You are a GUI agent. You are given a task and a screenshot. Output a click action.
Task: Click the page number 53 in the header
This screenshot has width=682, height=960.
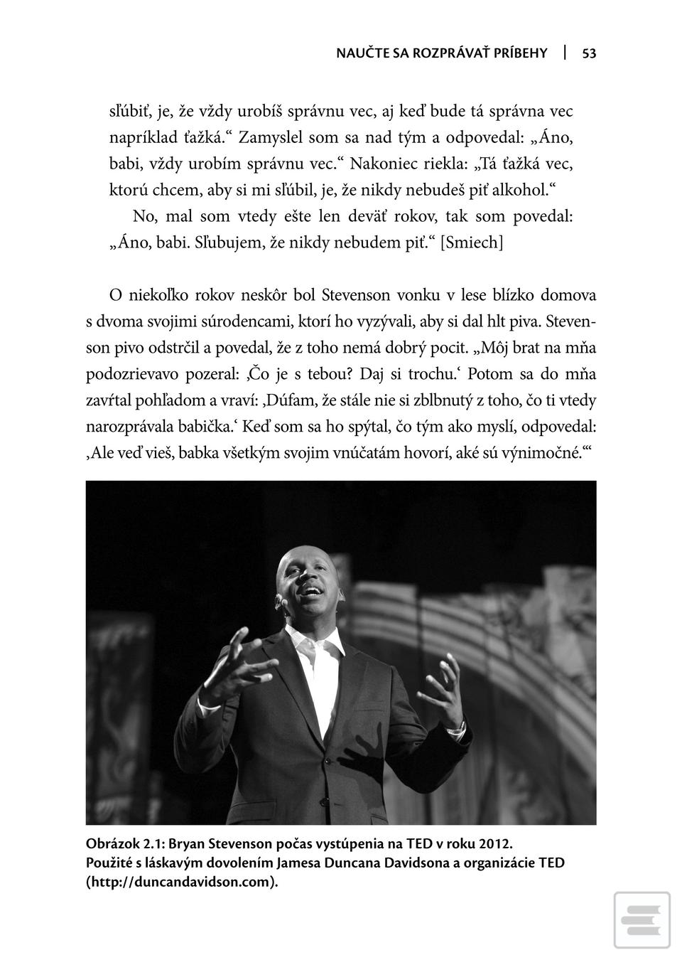tap(589, 53)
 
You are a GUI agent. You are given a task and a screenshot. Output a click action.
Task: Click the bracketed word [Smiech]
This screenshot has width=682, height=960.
tap(472, 242)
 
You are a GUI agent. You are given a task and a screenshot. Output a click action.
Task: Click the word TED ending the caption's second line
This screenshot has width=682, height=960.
tap(551, 863)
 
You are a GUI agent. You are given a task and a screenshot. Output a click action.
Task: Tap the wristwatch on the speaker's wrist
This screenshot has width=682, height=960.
tap(459, 727)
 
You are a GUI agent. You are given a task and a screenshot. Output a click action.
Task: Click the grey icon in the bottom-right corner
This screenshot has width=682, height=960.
tap(642, 919)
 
